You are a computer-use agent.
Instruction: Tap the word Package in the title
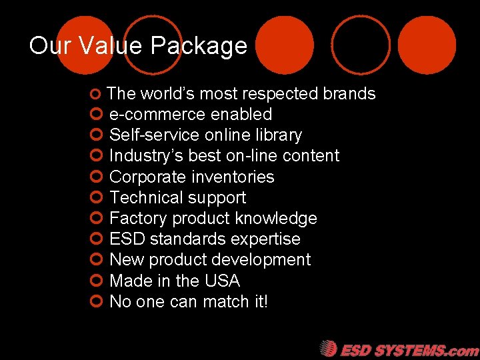point(199,47)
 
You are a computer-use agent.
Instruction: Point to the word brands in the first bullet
point(349,94)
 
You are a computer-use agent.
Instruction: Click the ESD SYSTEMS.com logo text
point(409,350)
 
